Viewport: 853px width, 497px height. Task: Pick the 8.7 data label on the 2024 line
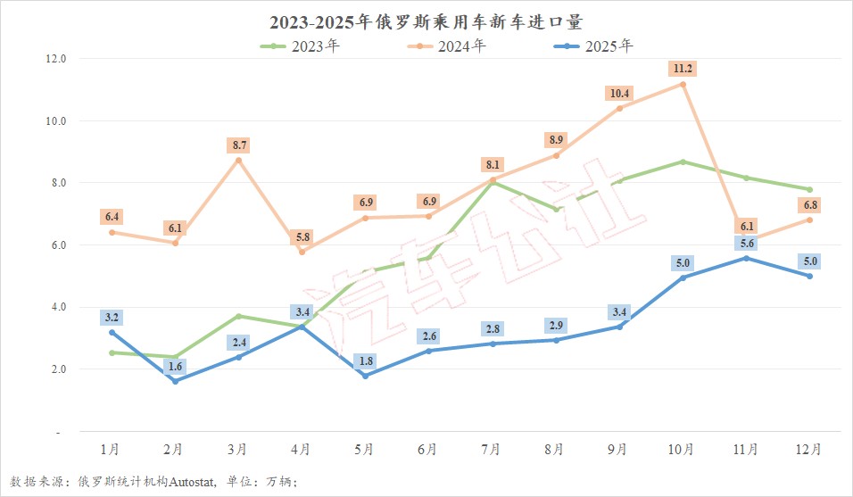[239, 145]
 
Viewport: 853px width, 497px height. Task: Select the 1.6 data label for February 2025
[176, 366]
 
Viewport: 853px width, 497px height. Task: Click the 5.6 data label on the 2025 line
[747, 243]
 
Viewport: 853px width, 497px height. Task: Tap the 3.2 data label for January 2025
[112, 317]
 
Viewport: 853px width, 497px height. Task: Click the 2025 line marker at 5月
[365, 376]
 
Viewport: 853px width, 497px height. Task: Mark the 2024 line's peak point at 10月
[683, 84]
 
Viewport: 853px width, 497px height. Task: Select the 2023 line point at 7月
[492, 183]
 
